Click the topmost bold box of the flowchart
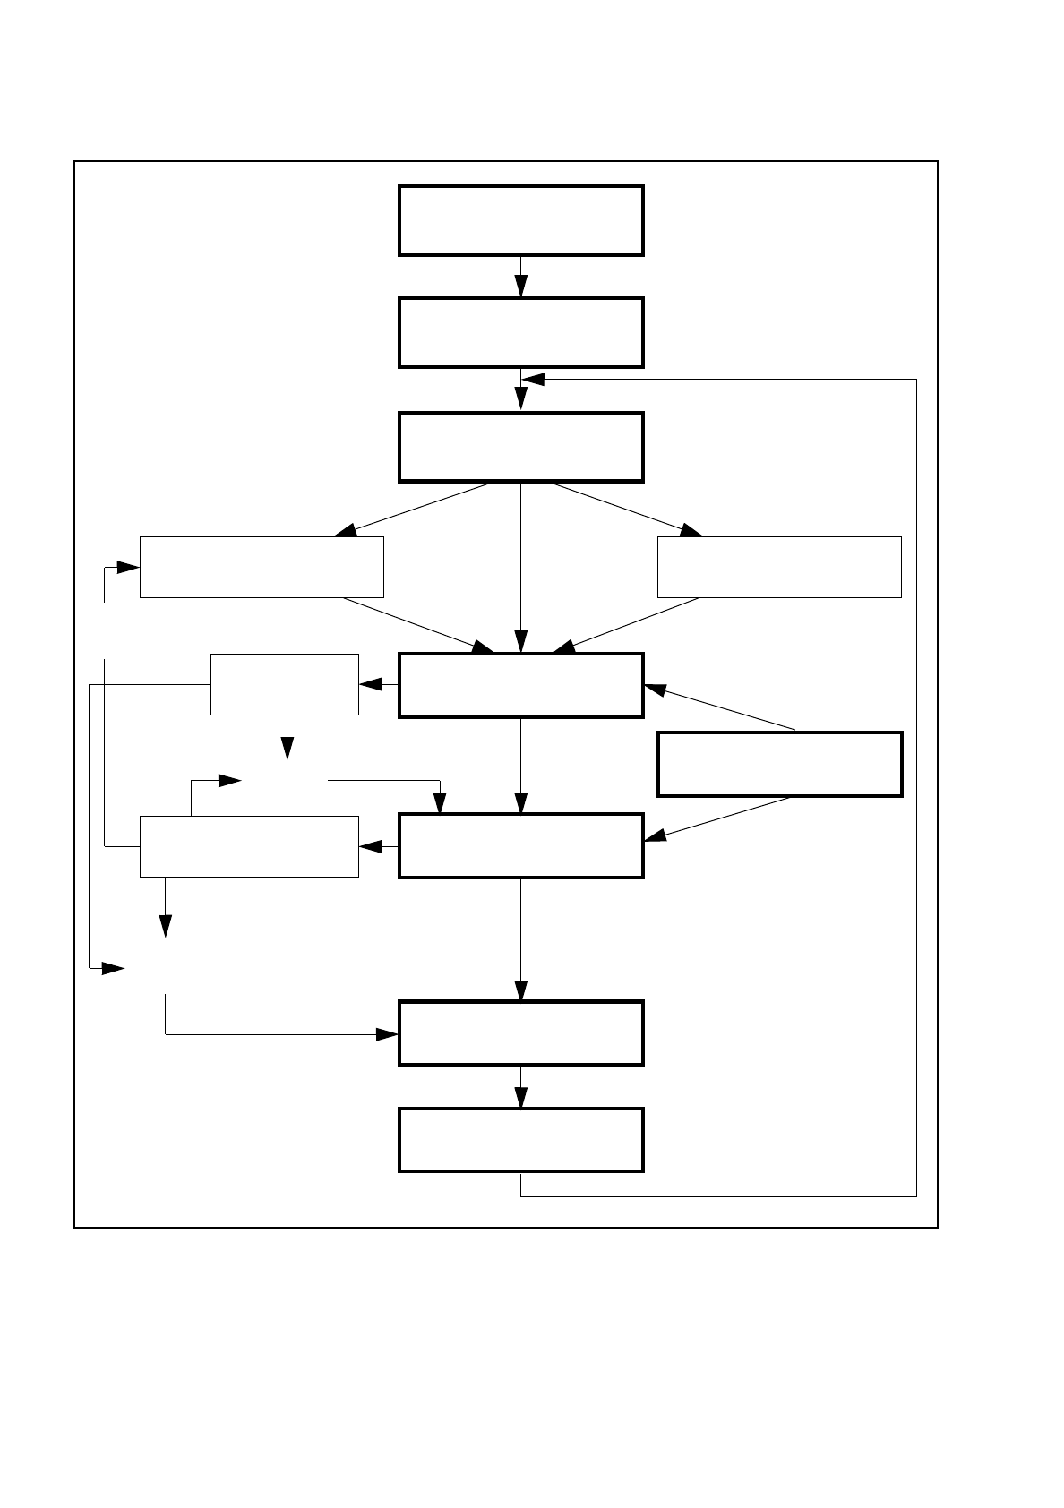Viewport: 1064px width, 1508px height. (x=520, y=221)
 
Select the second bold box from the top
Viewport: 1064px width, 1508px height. (x=520, y=333)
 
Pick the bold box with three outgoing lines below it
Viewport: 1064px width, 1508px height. (x=520, y=447)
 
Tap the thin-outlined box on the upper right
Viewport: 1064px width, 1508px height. (x=778, y=567)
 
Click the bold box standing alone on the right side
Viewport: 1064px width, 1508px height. (x=779, y=764)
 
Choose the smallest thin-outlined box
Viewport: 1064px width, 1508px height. (x=284, y=684)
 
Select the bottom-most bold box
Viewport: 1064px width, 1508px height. (x=520, y=1139)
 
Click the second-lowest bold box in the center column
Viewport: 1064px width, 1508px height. (x=520, y=1032)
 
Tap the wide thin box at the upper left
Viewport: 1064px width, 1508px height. (x=262, y=567)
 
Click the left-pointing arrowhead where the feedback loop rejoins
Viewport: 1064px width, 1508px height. (x=533, y=380)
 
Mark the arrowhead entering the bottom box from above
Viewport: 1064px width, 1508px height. (x=520, y=1098)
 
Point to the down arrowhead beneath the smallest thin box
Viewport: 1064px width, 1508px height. (x=287, y=748)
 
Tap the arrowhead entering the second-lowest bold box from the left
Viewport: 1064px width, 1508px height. (x=387, y=1034)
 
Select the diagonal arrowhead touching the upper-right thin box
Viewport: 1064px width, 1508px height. (x=691, y=530)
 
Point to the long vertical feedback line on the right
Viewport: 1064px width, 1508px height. (x=916, y=788)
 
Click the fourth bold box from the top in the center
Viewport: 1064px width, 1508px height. (x=520, y=685)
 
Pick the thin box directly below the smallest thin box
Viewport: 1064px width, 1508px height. (x=249, y=846)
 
